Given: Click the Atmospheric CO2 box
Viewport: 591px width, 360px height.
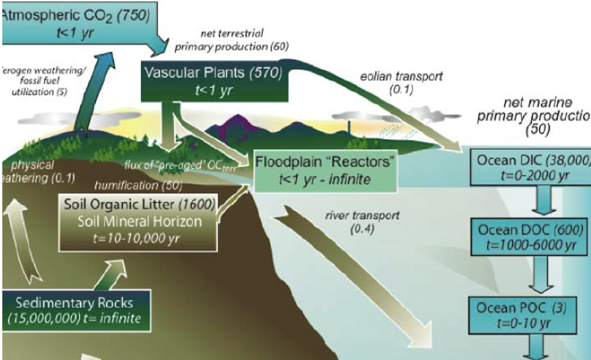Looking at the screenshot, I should point(78,23).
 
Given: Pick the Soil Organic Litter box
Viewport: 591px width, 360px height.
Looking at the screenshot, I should point(138,221).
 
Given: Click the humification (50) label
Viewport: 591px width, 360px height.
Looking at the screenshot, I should point(138,185).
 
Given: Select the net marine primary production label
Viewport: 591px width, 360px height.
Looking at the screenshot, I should point(534,115).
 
